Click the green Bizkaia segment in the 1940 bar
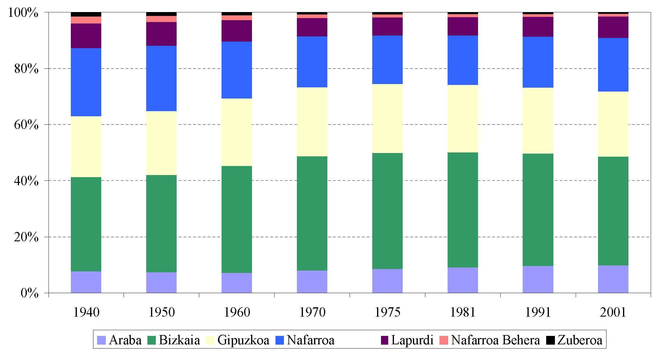tap(86, 224)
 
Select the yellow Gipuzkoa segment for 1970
tap(312, 122)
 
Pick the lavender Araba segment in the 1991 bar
tap(538, 279)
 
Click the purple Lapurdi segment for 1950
tap(161, 34)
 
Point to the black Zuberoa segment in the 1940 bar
tap(86, 14)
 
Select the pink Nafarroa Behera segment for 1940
tap(86, 20)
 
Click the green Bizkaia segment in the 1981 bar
tap(463, 210)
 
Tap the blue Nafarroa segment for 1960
tap(237, 70)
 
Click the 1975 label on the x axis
tap(387, 312)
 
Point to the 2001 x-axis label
tap(613, 312)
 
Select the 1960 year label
tap(237, 312)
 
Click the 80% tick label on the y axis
tap(26, 69)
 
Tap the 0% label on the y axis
tap(30, 293)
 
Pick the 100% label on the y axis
tap(23, 13)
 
